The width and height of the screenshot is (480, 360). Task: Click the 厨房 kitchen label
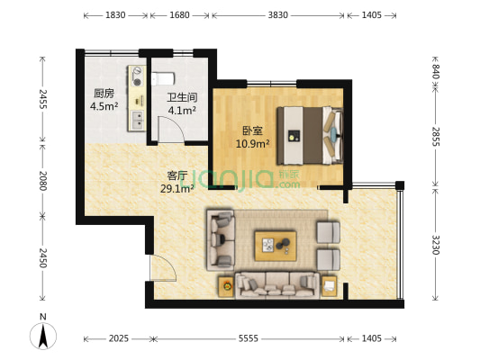point(104,94)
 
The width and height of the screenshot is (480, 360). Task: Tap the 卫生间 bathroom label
point(181,98)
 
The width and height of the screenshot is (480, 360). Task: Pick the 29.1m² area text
point(177,190)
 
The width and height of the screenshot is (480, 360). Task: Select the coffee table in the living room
point(276,243)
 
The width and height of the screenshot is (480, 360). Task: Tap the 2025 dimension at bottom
point(118,339)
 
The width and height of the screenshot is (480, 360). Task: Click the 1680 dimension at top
point(179,15)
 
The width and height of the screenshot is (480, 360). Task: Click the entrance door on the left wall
point(159,267)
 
